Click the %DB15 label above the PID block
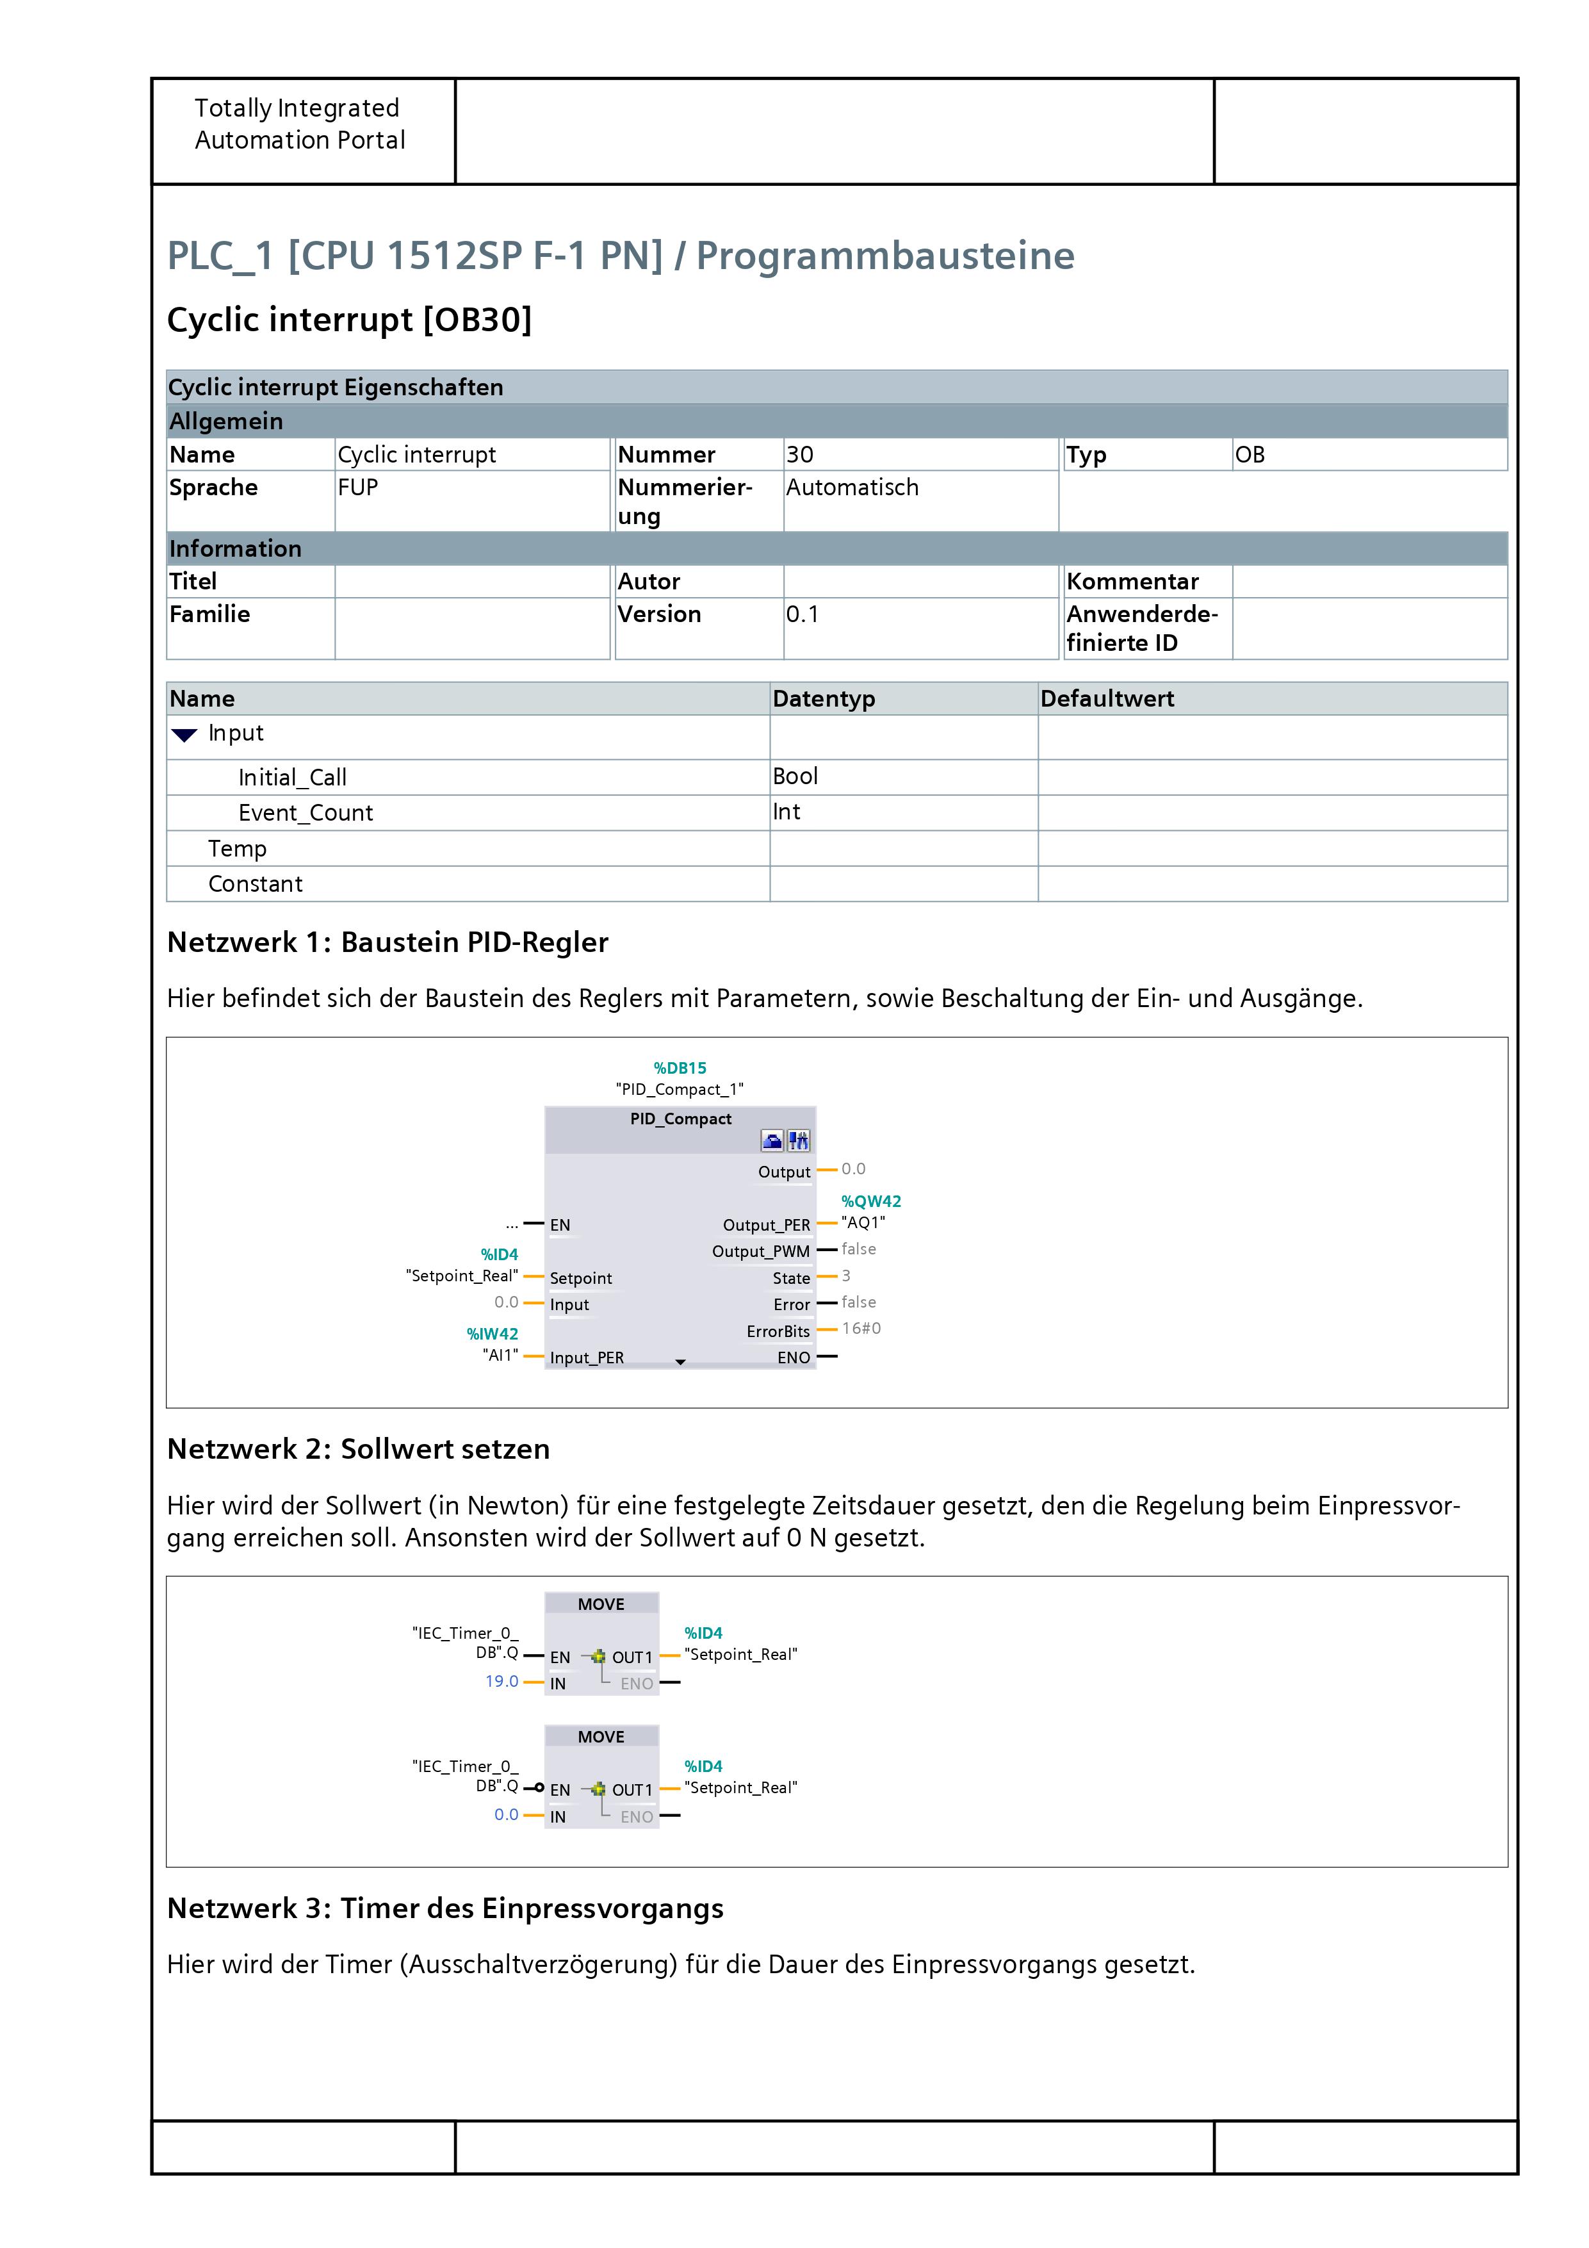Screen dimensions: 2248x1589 (x=680, y=1067)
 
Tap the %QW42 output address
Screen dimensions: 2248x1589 (x=870, y=1201)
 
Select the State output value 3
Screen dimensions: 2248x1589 (x=846, y=1276)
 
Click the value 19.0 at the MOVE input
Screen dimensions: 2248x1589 (x=501, y=1681)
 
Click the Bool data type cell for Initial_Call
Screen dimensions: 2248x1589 (x=795, y=776)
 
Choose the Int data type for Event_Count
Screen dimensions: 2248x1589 (x=786, y=812)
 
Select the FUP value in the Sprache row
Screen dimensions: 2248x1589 (x=357, y=488)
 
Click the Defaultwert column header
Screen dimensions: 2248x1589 (x=1106, y=698)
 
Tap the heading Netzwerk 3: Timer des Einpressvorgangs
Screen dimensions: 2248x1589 (x=446, y=1908)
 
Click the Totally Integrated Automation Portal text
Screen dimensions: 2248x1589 (x=300, y=124)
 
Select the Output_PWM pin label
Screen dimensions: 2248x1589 (x=761, y=1251)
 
